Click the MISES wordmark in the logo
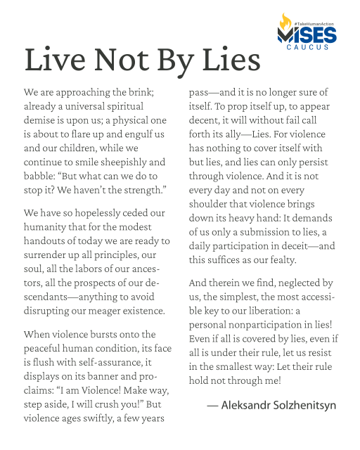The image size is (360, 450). tap(307, 34)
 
